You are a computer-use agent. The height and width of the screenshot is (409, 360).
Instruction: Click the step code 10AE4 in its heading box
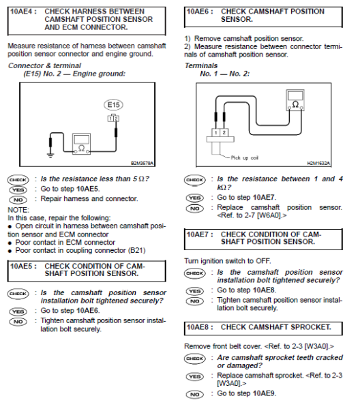coord(20,12)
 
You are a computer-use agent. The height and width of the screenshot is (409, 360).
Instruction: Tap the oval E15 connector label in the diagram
coord(112,105)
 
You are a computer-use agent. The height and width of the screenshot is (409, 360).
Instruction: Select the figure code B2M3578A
coord(143,164)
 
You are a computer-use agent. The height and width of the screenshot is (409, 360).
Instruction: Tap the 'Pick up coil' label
coord(245,157)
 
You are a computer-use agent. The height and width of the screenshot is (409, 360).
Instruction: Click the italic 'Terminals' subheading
coord(201,65)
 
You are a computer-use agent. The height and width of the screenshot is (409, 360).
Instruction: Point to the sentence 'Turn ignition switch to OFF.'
coord(228,261)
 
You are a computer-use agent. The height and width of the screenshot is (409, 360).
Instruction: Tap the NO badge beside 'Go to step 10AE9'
coord(195,394)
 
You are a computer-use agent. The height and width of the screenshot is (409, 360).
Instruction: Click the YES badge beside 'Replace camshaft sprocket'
coord(195,376)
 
